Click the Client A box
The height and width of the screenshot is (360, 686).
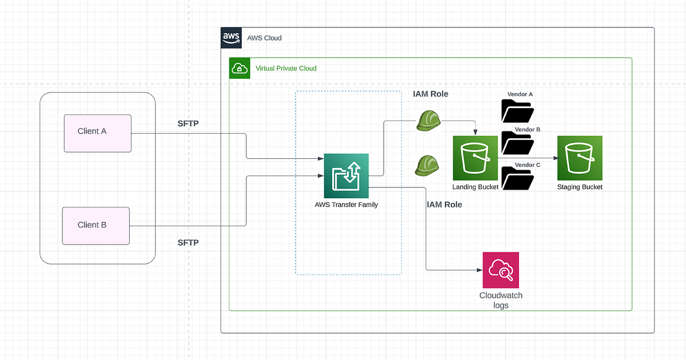97,133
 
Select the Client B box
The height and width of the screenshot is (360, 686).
96,226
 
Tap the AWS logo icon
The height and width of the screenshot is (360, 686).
231,38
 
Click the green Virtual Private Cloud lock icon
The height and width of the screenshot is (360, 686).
238,69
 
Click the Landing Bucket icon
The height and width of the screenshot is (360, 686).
475,158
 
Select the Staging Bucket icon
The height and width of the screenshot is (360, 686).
580,158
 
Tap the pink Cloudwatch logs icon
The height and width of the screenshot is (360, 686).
501,270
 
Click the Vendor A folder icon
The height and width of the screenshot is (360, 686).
517,111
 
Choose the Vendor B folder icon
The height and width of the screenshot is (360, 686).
517,144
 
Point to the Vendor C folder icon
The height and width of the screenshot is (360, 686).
517,178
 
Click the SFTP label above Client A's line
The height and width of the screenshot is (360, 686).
188,124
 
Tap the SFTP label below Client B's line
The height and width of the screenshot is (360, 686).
188,243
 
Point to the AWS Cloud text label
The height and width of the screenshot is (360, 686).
264,38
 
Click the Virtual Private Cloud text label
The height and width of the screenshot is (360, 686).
286,68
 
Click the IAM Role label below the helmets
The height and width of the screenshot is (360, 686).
444,204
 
